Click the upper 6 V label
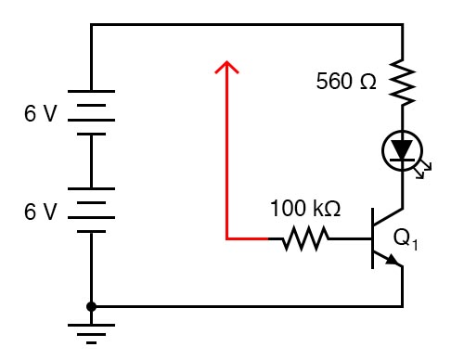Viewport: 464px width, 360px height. pyautogui.click(x=40, y=114)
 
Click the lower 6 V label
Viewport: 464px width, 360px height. pyautogui.click(x=40, y=212)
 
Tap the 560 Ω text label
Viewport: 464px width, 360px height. pyautogui.click(x=346, y=82)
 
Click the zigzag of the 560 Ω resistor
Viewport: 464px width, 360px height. pyautogui.click(x=403, y=83)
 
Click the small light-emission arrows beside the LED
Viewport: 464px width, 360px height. pyautogui.click(x=425, y=169)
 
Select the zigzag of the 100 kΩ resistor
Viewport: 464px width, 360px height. pyautogui.click(x=305, y=239)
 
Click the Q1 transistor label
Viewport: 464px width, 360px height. pyautogui.click(x=406, y=238)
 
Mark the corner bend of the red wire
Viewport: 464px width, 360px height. pyautogui.click(x=226, y=239)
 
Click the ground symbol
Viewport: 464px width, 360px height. pyautogui.click(x=91, y=331)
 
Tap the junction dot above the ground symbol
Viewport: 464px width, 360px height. pyautogui.click(x=91, y=305)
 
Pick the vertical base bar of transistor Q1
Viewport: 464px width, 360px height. pyautogui.click(x=373, y=239)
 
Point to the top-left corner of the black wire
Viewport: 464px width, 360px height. pyautogui.click(x=91, y=26)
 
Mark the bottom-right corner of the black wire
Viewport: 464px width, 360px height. pyautogui.click(x=403, y=305)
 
